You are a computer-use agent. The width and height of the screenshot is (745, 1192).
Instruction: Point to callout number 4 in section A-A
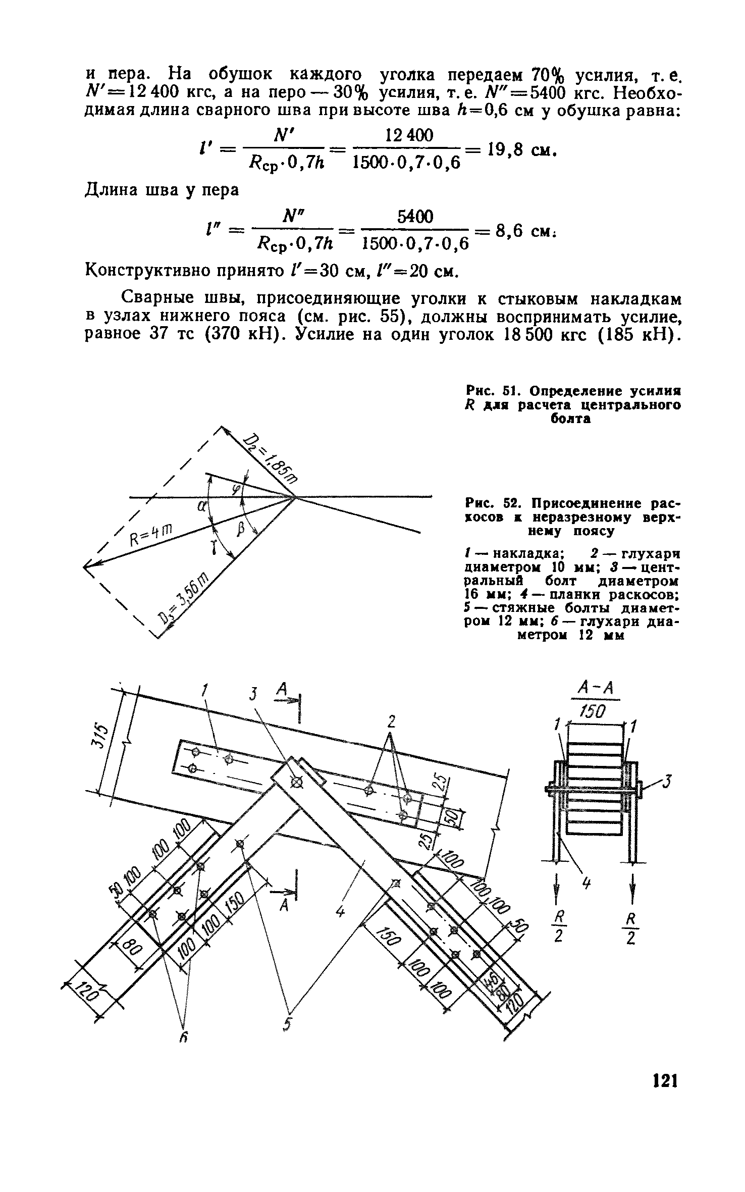[587, 884]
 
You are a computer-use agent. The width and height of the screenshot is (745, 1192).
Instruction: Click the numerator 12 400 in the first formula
[409, 135]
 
